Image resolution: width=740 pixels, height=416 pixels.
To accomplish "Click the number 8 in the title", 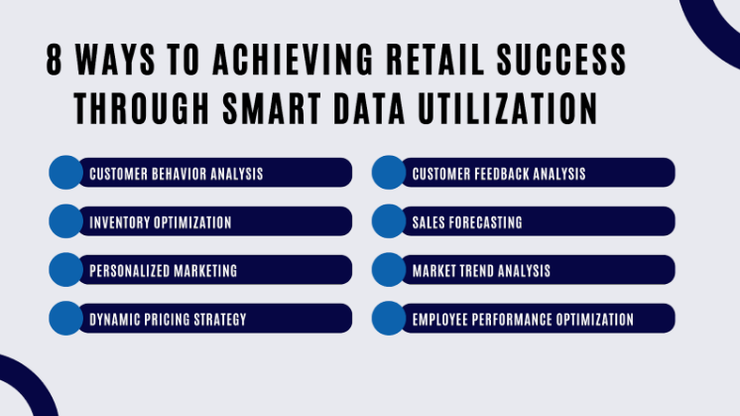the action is point(55,60).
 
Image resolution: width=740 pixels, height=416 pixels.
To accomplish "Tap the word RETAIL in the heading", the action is point(435,60).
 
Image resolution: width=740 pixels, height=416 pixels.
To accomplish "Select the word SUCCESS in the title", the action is point(561,60).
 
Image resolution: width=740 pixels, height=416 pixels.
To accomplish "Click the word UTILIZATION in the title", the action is point(508,108).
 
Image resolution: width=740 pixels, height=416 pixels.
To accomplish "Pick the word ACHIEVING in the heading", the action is point(293,60).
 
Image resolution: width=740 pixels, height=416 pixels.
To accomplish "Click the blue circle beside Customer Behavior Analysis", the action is point(66,173).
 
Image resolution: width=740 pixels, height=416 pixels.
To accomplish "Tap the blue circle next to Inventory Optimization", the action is point(66,221).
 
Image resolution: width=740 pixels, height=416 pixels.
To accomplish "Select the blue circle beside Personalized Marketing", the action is point(66,270).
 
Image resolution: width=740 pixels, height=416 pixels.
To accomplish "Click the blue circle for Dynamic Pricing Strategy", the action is point(66,319).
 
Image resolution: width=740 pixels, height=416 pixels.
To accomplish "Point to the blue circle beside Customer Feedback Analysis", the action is point(389,173).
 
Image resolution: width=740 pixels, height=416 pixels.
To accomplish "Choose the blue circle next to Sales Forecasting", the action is point(389,221).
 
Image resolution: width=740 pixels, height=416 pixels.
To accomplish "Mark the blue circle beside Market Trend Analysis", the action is point(389,270).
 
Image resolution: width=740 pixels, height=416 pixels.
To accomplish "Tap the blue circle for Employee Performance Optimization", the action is point(389,319).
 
